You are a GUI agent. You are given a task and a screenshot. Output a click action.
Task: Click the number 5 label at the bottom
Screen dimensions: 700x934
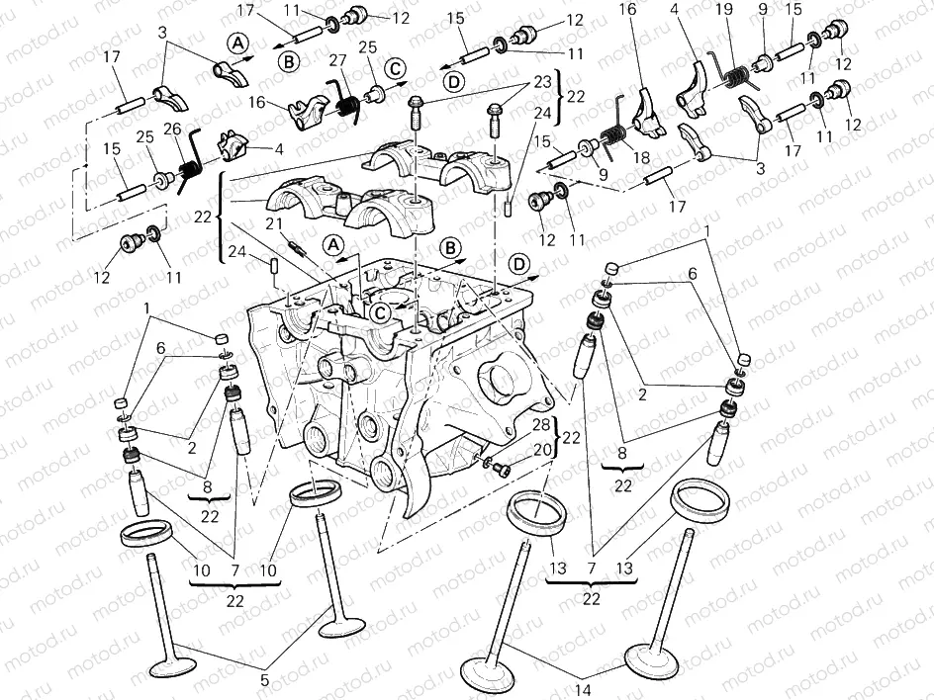coord(264,679)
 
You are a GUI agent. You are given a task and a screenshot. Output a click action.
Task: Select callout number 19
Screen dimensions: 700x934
coord(724,11)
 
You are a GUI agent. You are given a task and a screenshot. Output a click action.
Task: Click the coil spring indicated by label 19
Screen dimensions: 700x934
coord(733,72)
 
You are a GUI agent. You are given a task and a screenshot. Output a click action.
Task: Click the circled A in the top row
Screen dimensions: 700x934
coord(237,42)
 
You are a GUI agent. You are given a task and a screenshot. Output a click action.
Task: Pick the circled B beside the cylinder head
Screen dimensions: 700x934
coord(450,246)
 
